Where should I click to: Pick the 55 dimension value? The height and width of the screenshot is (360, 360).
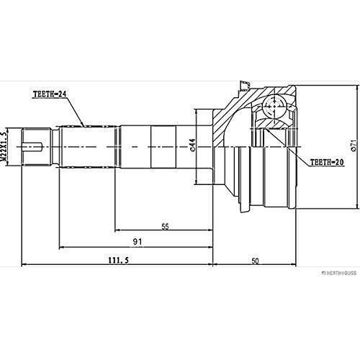165,226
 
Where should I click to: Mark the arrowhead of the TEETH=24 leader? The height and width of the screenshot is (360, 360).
86,124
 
